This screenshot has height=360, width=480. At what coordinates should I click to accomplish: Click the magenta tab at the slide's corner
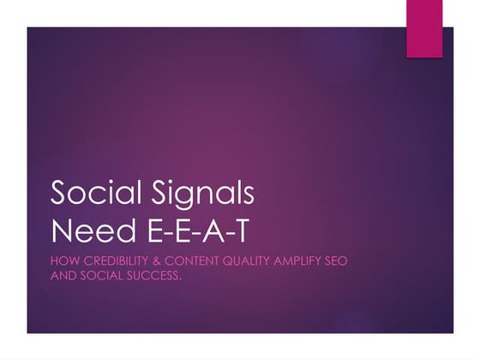424,29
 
